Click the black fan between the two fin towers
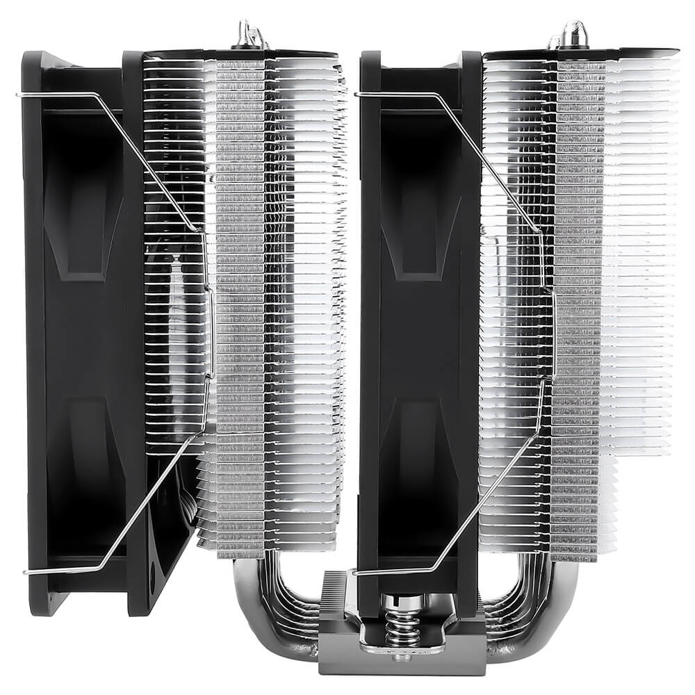[417, 334]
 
